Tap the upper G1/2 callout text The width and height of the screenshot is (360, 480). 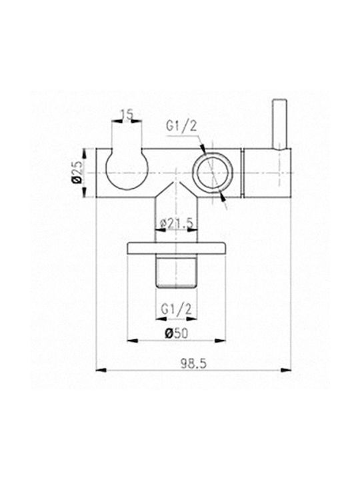click(x=181, y=125)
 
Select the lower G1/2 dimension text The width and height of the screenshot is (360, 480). click(x=176, y=309)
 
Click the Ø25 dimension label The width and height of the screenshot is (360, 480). click(x=77, y=173)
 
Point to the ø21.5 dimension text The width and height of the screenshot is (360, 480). click(x=177, y=225)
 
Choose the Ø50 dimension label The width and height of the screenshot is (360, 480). click(x=176, y=333)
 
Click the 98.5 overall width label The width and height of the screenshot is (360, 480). click(x=193, y=364)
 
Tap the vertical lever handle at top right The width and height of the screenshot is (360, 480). click(x=280, y=124)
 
